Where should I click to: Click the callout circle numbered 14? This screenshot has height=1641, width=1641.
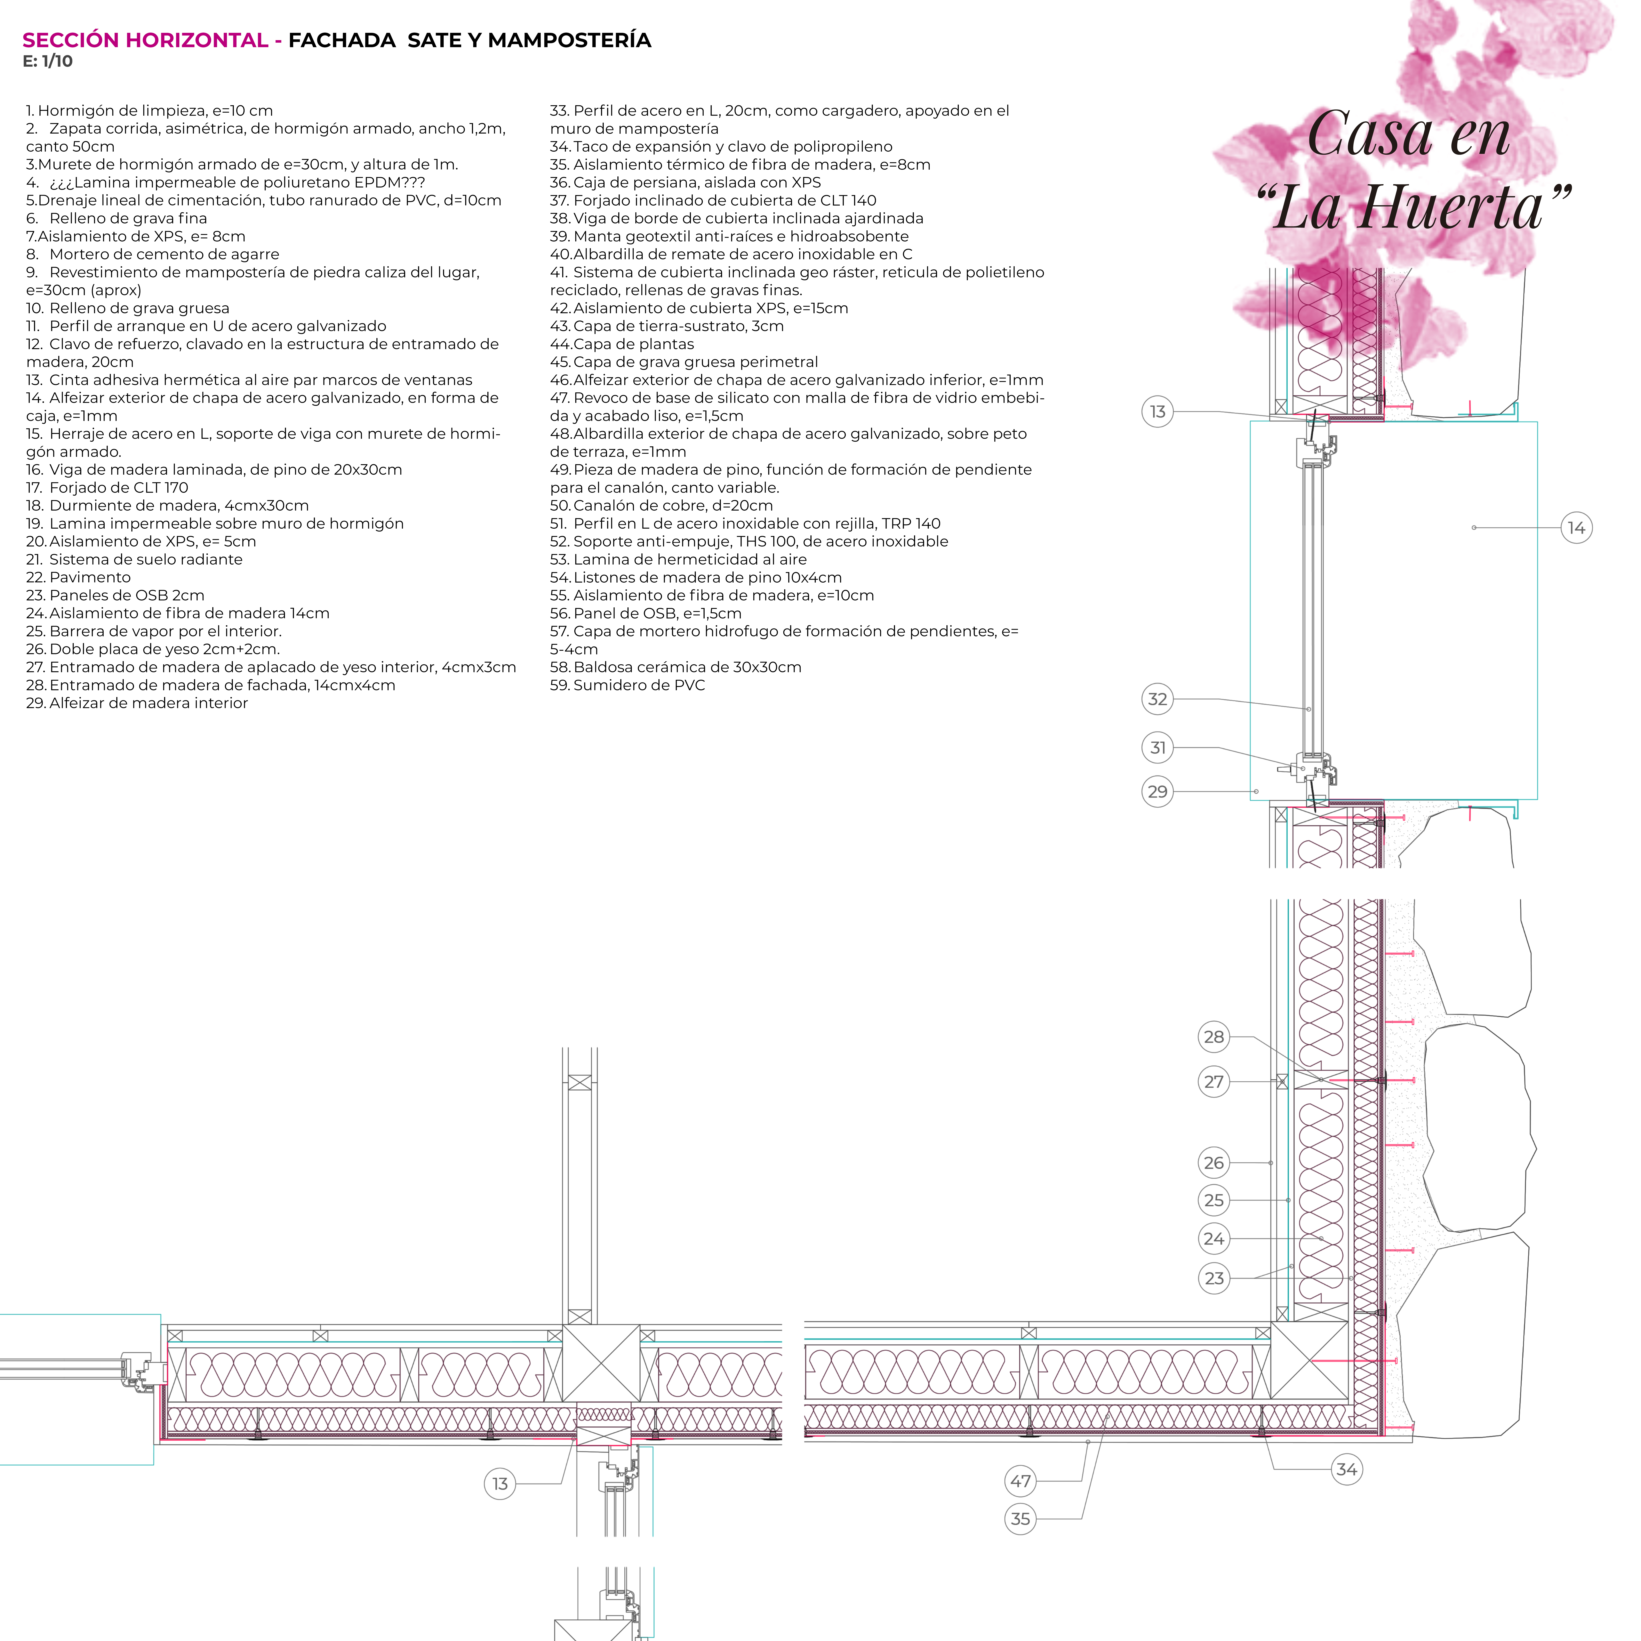1576,528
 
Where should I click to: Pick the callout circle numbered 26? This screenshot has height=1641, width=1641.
1214,1163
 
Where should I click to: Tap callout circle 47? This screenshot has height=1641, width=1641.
1020,1481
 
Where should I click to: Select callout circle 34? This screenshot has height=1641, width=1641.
1346,1470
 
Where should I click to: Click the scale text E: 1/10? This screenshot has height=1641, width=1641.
48,61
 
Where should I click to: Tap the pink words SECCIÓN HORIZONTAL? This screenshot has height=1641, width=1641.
144,40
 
